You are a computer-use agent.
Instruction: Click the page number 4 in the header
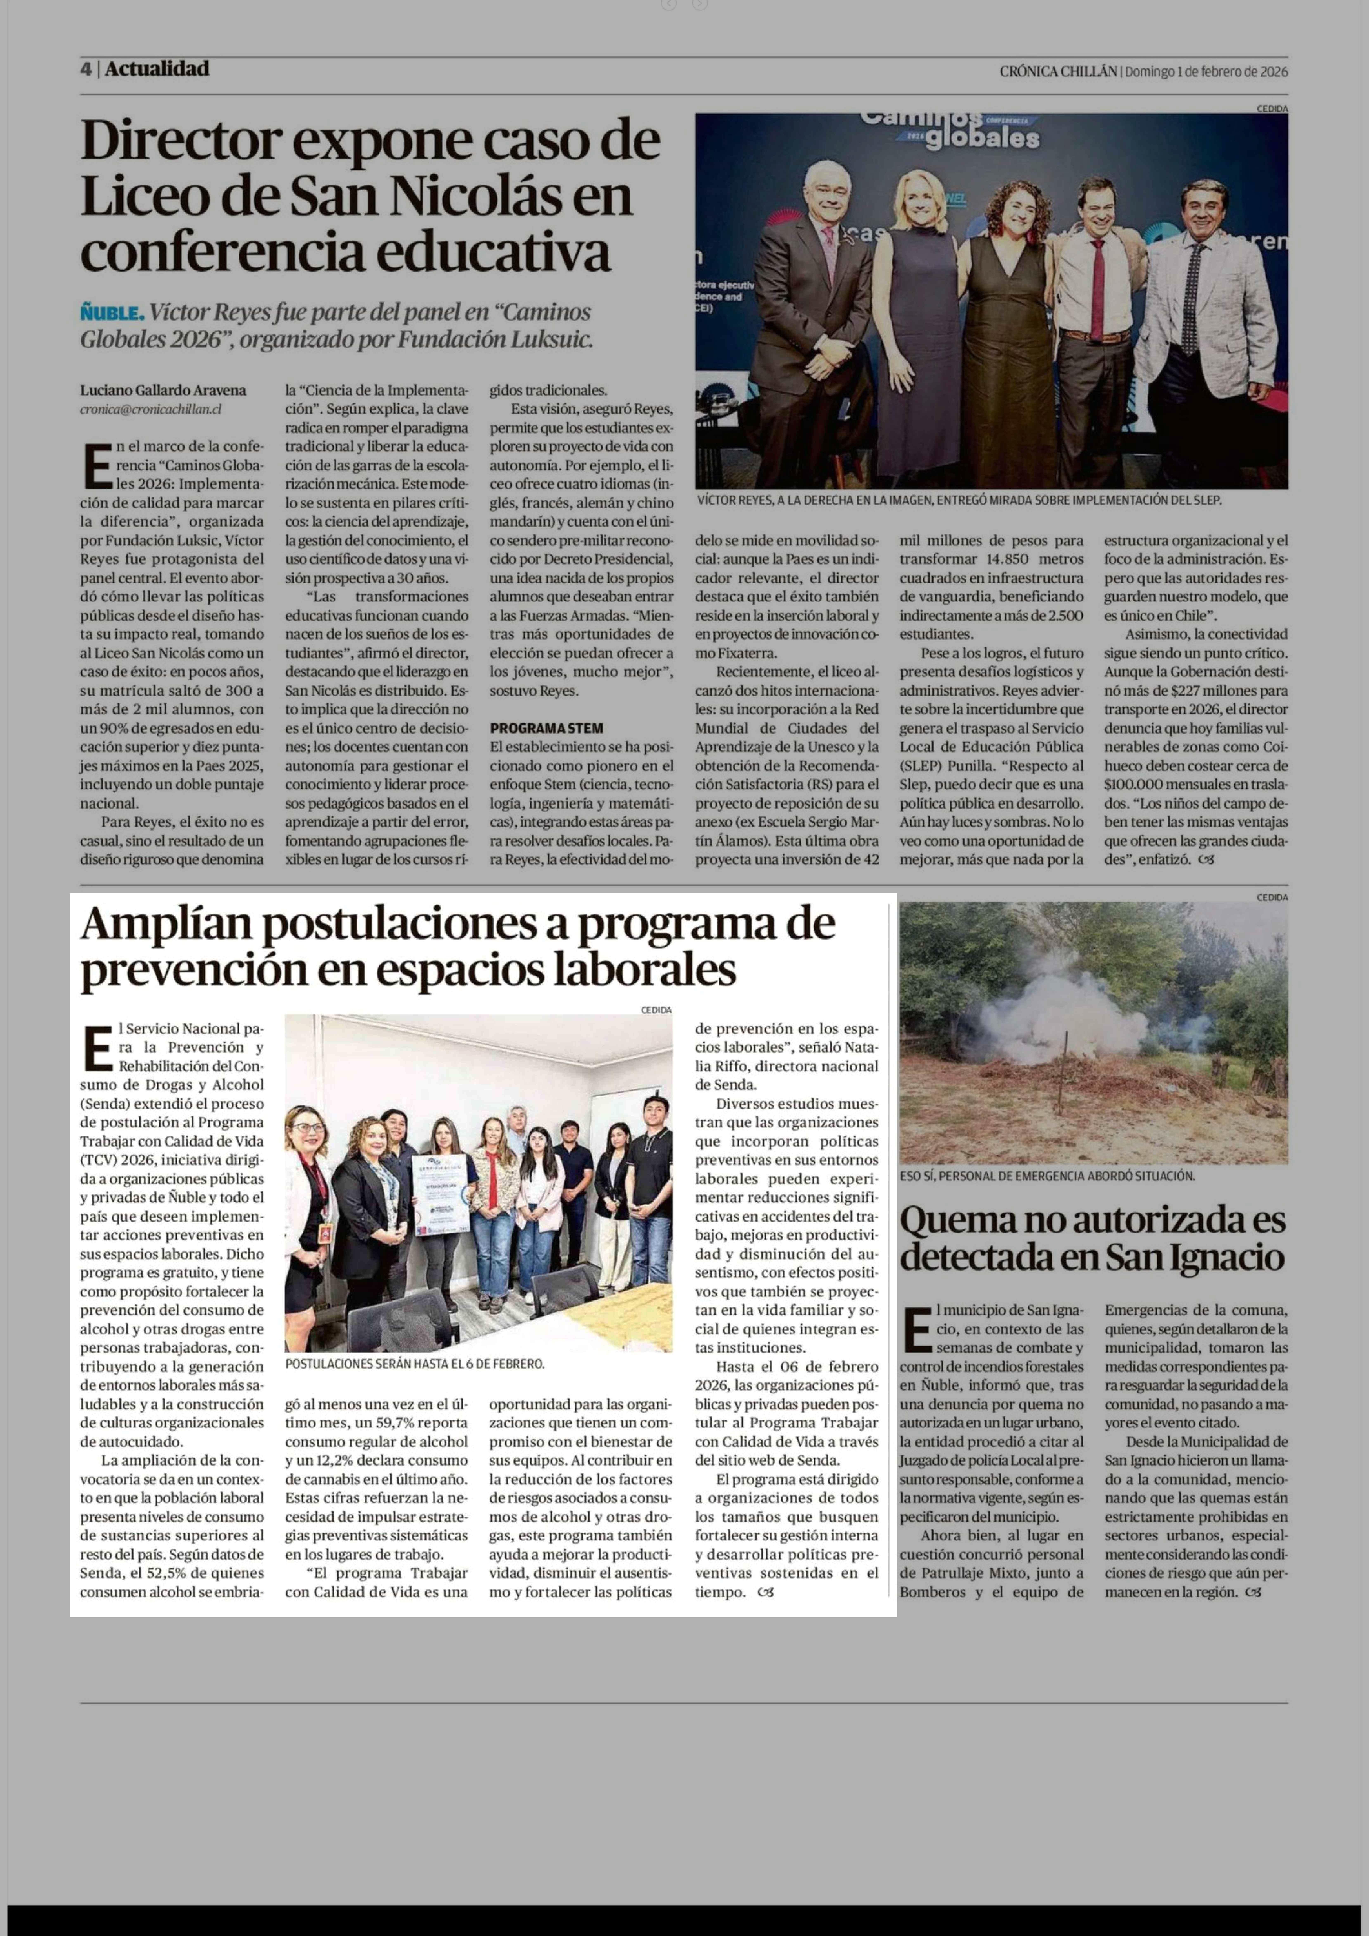tap(86, 69)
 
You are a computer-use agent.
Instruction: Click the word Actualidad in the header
tap(157, 69)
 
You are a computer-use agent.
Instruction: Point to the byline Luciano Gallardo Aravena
tap(163, 391)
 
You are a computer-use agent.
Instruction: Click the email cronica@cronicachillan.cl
tap(151, 409)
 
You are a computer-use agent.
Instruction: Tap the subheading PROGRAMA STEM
tap(546, 728)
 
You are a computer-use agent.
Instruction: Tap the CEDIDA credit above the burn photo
tap(1271, 897)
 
